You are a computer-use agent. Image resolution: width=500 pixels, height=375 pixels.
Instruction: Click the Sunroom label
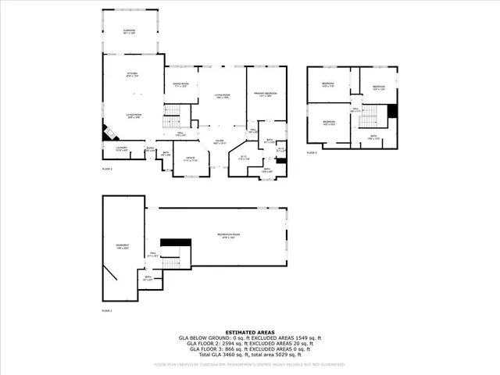130,31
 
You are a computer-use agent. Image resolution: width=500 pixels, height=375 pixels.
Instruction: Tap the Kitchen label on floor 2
133,73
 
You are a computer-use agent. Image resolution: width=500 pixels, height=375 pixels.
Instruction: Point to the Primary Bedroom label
265,94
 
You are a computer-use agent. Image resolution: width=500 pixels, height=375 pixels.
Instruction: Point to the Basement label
123,247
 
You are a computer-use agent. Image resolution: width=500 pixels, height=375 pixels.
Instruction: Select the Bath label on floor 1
148,277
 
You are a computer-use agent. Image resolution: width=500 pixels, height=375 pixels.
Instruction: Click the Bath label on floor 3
374,137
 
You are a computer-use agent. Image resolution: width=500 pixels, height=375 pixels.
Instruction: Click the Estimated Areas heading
249,331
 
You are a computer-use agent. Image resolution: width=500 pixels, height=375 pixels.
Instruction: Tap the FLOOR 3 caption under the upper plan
312,153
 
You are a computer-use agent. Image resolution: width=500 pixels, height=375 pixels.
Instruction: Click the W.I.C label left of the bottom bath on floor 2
243,157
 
